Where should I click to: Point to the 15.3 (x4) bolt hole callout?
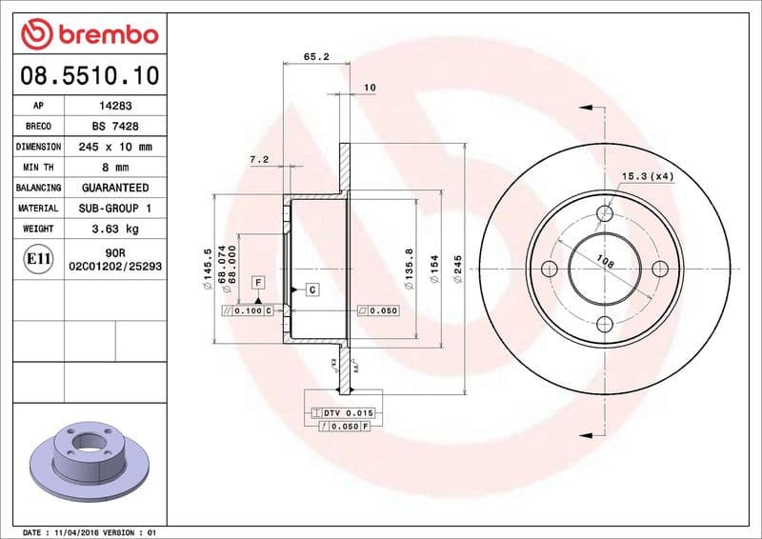pyautogui.click(x=648, y=177)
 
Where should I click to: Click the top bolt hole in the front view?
pyautogui.click(x=604, y=212)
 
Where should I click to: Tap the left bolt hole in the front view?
pyautogui.click(x=549, y=269)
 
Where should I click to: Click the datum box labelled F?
pyautogui.click(x=258, y=282)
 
